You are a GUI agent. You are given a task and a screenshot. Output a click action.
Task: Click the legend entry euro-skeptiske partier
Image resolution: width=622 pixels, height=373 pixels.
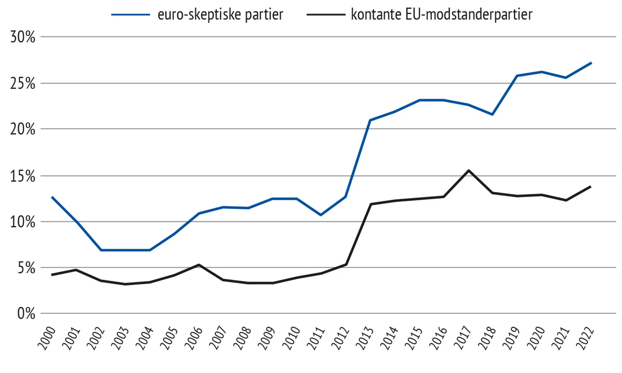pos(220,15)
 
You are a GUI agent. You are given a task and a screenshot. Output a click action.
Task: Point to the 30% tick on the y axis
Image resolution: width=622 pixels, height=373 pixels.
pos(23,37)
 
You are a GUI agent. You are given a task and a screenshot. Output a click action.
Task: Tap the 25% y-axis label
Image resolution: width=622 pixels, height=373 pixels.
pos(23,83)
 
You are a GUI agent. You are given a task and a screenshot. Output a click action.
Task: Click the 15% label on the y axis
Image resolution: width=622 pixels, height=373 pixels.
pos(23,176)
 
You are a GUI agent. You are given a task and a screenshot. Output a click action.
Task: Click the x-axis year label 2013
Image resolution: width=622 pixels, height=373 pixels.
pos(364,338)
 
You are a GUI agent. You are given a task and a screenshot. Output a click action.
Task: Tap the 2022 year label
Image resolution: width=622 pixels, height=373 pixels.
pos(585,338)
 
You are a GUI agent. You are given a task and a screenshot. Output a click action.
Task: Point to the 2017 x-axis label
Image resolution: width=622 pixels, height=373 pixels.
pos(462,338)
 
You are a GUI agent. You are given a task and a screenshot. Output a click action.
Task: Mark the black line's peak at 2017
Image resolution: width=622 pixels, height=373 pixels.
pos(468,170)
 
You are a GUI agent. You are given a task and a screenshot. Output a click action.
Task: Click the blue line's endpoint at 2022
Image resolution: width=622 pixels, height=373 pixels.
pos(591,63)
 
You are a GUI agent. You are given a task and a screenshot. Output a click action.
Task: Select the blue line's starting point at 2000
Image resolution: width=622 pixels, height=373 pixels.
pos(52,197)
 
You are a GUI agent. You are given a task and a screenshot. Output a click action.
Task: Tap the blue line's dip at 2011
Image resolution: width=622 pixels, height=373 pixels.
pos(321,215)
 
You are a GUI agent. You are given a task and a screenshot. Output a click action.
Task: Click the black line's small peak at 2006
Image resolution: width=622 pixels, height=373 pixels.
pos(199,265)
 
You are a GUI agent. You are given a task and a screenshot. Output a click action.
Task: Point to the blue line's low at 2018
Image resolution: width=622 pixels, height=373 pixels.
pos(493,114)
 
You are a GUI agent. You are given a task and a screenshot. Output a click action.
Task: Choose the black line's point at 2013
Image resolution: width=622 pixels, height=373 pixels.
pos(370,204)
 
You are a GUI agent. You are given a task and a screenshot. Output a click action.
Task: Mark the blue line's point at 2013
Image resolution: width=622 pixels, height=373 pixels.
pos(370,120)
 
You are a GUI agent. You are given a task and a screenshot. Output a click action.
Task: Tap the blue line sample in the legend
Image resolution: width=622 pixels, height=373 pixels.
pos(131,15)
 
